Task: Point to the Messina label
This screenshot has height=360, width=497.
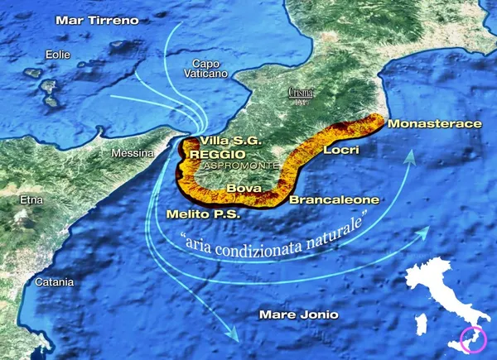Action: click(134, 153)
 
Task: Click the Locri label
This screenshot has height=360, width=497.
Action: click(340, 151)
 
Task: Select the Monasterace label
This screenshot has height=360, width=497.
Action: click(434, 123)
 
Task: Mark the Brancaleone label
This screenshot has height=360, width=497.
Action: click(335, 199)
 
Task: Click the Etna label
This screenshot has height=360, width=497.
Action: click(30, 199)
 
